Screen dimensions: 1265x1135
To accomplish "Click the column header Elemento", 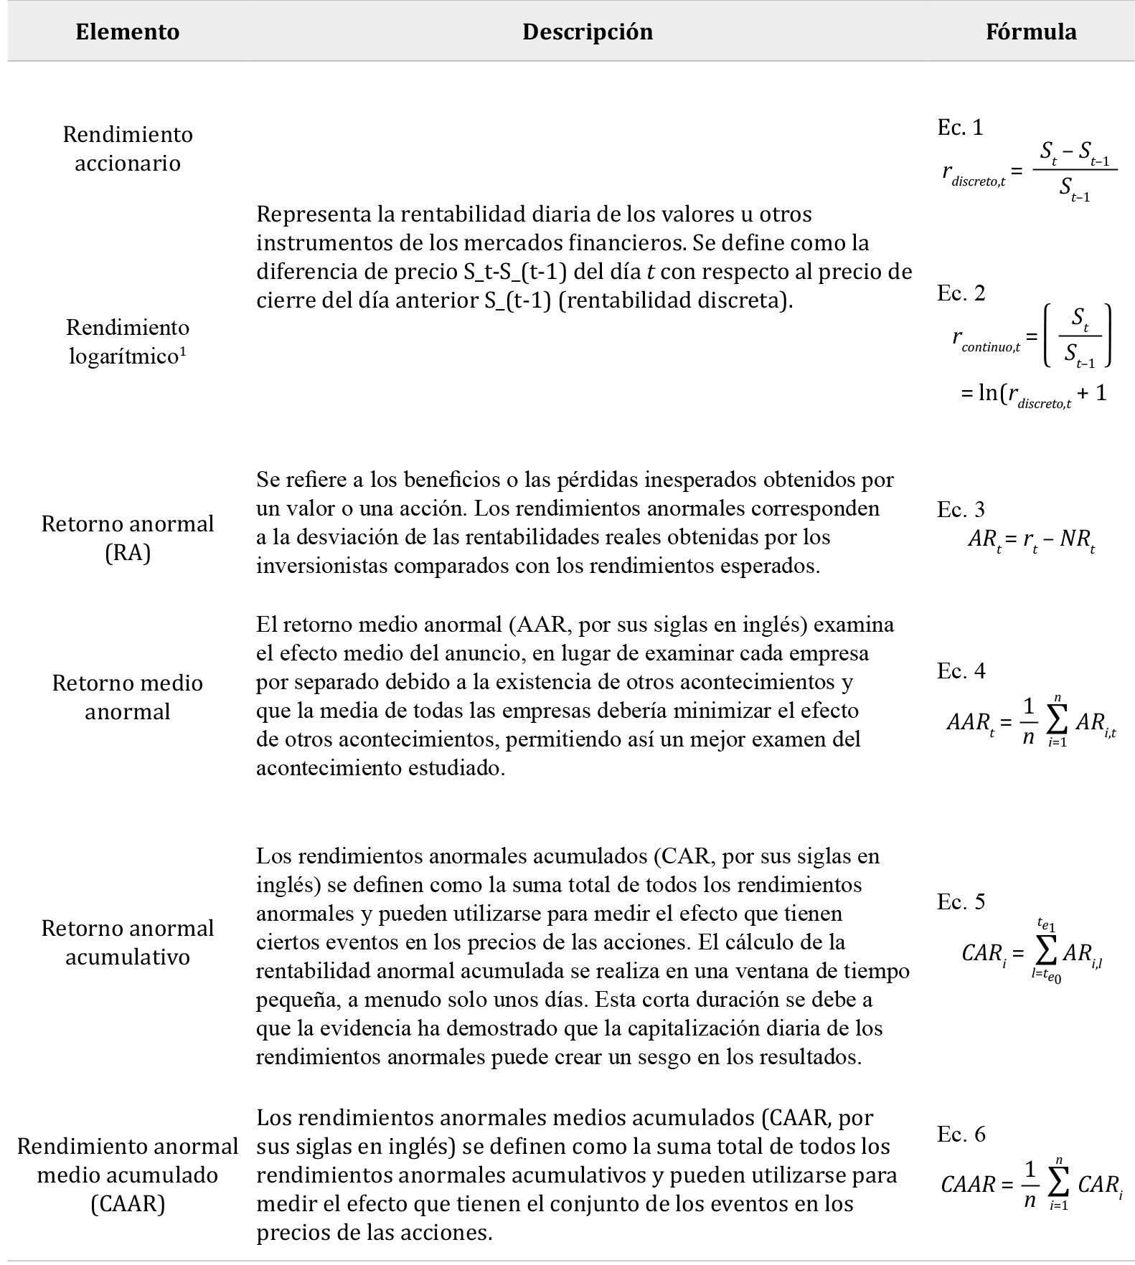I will pyautogui.click(x=128, y=32).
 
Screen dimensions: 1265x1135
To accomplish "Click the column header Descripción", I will pyautogui.click(x=587, y=32).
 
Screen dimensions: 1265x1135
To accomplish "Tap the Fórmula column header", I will pyautogui.click(x=1030, y=32).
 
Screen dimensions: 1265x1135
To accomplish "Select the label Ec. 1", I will pyautogui.click(x=960, y=128).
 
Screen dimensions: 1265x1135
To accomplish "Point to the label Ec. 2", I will pyautogui.click(x=961, y=293).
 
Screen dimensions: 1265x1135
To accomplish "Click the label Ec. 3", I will pyautogui.click(x=961, y=510).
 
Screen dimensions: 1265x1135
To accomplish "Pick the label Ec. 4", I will pyautogui.click(x=961, y=671).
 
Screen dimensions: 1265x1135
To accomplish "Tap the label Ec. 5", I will pyautogui.click(x=961, y=902).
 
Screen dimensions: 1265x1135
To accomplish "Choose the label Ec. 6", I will pyautogui.click(x=961, y=1134).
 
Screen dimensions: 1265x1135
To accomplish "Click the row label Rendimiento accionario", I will pyautogui.click(x=128, y=148).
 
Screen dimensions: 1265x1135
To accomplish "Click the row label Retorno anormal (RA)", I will pyautogui.click(x=128, y=538).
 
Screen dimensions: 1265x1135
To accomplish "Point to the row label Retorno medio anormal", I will pyautogui.click(x=128, y=697).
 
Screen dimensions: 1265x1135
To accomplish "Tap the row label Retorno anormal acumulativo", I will pyautogui.click(x=128, y=942).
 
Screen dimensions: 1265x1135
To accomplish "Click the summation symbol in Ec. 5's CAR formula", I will pyautogui.click(x=1046, y=952).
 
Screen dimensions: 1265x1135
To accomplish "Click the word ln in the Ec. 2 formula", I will pyautogui.click(x=988, y=393).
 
